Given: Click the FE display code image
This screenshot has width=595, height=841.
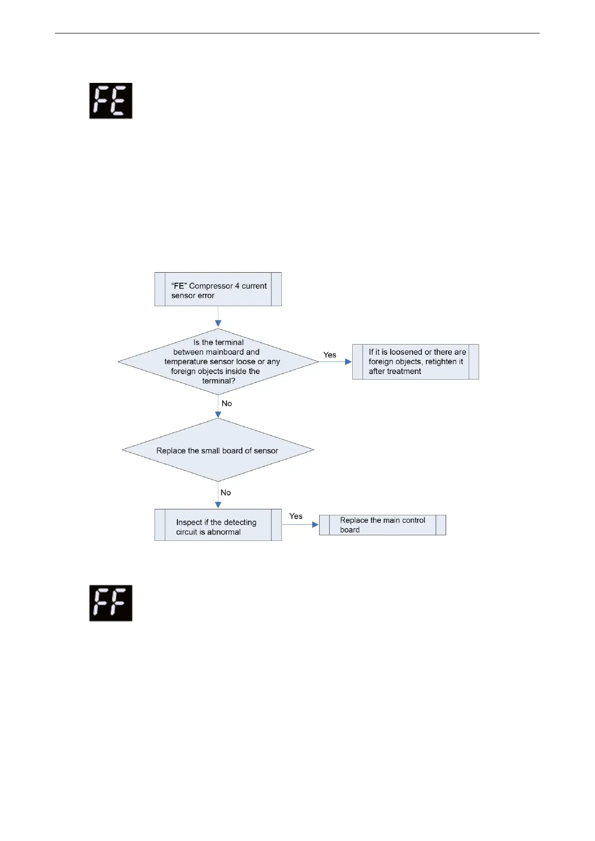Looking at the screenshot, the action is (x=110, y=101).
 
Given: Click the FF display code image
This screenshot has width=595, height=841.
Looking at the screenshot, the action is (x=110, y=603).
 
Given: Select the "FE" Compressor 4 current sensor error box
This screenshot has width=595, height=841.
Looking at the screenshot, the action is (x=218, y=289).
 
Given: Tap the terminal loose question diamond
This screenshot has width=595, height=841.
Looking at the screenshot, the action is (x=218, y=362).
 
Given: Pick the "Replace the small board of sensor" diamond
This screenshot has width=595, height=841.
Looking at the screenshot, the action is (x=218, y=450).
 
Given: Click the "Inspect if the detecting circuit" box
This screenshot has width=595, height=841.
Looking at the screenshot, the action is (x=218, y=525).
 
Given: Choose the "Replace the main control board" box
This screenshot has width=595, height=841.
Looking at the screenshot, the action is (x=382, y=525).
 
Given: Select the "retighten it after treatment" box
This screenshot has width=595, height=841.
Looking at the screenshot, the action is (x=415, y=362).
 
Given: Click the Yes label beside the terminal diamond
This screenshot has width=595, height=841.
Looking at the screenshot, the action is (x=330, y=355).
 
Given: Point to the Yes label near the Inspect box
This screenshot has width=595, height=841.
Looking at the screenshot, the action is (x=296, y=516).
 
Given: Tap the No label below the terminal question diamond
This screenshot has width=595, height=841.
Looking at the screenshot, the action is (x=227, y=403).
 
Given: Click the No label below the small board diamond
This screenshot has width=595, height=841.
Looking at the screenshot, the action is (x=226, y=492).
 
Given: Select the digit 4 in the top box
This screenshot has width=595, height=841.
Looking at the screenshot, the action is (x=237, y=286).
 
